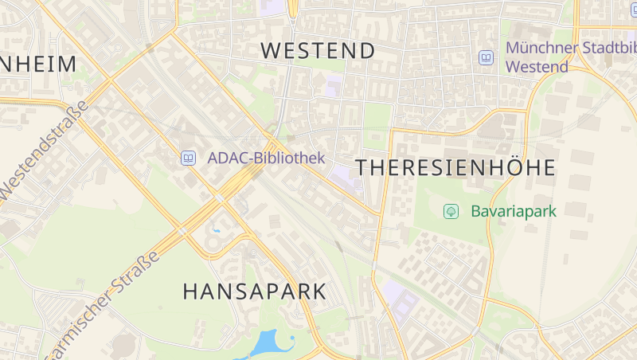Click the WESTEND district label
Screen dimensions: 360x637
[x=318, y=51]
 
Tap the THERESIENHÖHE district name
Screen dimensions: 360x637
[x=455, y=168]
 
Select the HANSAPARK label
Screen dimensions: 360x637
[x=255, y=292]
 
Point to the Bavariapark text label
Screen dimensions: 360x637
[x=513, y=211]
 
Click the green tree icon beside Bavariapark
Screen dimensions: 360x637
[x=451, y=211]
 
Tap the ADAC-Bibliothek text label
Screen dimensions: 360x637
[x=266, y=158]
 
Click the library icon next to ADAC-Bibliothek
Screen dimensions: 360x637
[x=188, y=158]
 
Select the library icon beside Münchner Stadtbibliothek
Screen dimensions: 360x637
[x=486, y=57]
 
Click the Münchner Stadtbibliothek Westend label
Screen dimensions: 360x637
[x=569, y=57]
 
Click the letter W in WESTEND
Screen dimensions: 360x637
[x=272, y=51]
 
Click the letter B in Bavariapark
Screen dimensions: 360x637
[x=476, y=211]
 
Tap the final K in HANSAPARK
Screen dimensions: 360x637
[x=318, y=292]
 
